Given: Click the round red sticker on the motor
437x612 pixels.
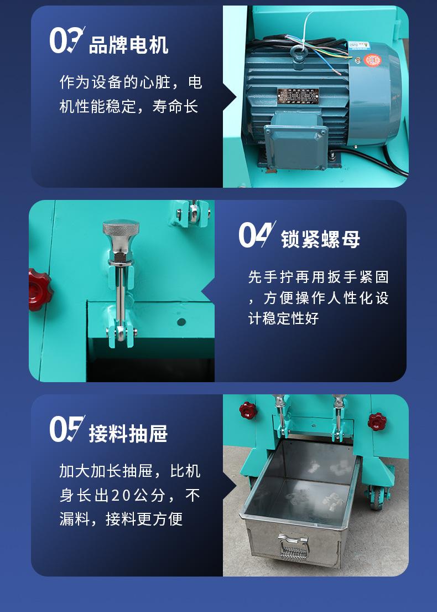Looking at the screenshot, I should [x=370, y=59].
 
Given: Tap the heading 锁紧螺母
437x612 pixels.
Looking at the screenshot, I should [x=320, y=239].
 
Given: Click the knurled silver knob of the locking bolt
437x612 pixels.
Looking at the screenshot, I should [x=121, y=230].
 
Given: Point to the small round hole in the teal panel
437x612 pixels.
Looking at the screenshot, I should [x=181, y=321].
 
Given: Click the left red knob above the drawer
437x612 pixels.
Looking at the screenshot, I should [x=247, y=410].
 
